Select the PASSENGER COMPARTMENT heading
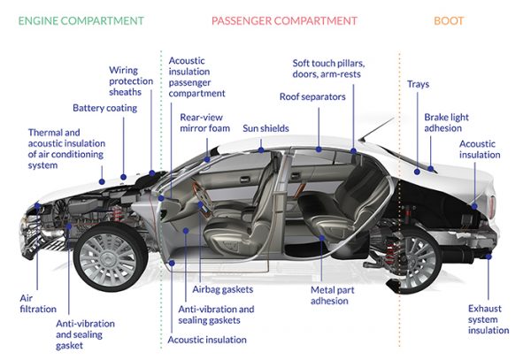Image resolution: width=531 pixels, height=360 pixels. click(x=284, y=19)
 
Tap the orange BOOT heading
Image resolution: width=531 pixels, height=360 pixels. click(x=449, y=19)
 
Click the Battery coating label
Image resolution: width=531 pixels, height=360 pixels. click(x=104, y=109)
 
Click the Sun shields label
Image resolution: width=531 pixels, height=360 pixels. click(x=265, y=128)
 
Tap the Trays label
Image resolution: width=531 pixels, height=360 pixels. click(x=419, y=85)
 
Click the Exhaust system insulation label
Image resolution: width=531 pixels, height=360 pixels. click(x=489, y=319)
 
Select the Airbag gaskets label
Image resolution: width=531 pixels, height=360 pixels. click(x=223, y=289)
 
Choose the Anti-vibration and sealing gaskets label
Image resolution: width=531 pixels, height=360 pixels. click(x=217, y=315)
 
